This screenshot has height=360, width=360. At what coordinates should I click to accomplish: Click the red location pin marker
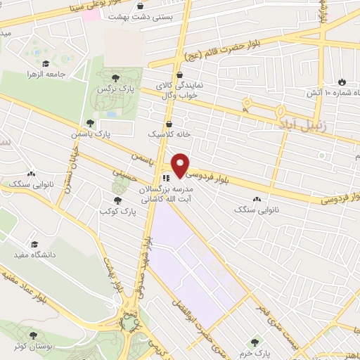pyautogui.click(x=180, y=165)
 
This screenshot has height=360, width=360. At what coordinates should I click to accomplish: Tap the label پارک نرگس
pyautogui.click(x=117, y=91)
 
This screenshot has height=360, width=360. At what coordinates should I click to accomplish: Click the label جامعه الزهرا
pyautogui.click(x=46, y=73)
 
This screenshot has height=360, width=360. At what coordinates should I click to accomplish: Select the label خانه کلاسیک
pyautogui.click(x=165, y=133)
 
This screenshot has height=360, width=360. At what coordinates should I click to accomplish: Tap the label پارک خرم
pyautogui.click(x=255, y=352)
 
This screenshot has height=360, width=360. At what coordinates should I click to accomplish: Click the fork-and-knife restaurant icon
pyautogui.click(x=167, y=179)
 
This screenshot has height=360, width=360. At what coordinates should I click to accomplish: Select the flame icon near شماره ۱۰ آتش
pyautogui.click(x=342, y=82)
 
